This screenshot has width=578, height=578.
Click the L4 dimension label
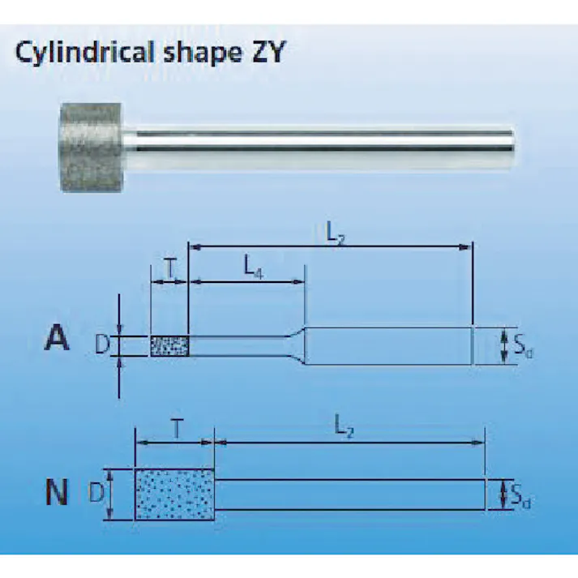click(253, 265)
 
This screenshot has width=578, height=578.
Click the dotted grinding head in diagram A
click(169, 346)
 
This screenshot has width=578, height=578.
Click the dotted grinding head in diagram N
click(175, 493)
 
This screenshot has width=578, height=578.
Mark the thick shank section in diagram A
click(389, 345)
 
